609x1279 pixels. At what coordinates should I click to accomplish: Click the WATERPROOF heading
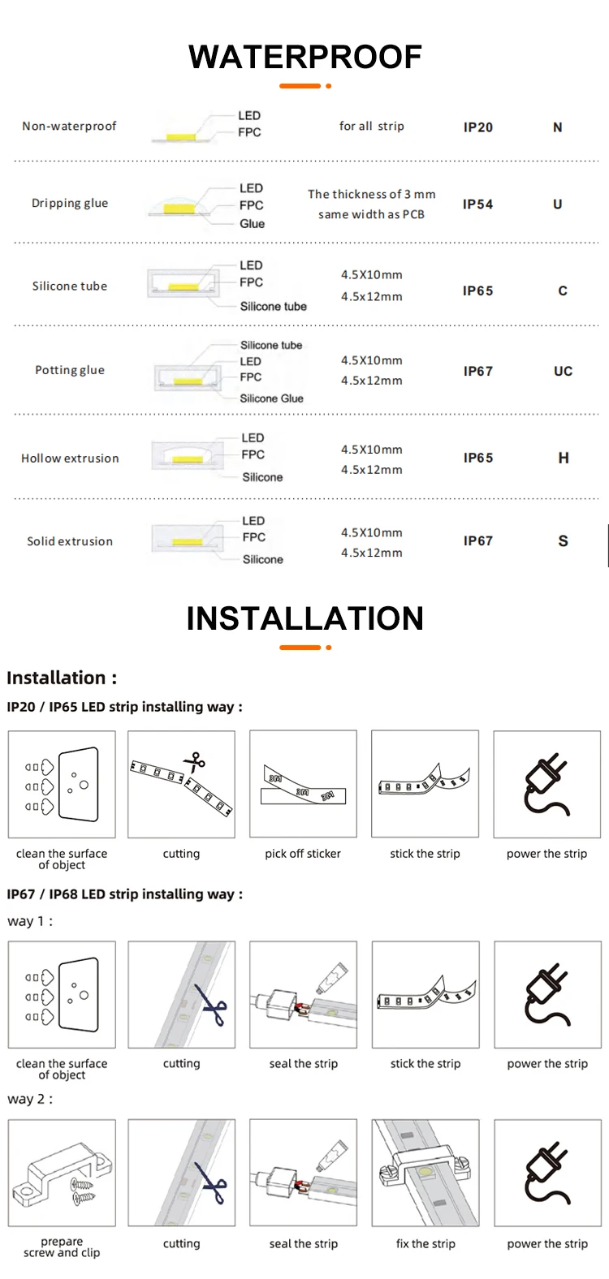click(x=304, y=57)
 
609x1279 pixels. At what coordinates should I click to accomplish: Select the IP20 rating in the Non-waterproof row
click(x=477, y=127)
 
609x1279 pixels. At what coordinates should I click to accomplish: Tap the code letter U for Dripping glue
click(x=557, y=205)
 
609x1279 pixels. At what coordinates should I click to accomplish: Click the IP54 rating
click(x=477, y=205)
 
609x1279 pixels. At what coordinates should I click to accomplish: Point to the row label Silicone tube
click(x=70, y=286)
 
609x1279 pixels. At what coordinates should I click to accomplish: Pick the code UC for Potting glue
click(x=563, y=372)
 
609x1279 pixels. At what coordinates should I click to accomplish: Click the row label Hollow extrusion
click(x=70, y=459)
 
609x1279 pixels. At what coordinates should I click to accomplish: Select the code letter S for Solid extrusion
click(x=563, y=541)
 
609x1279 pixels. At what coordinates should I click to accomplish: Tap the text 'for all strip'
click(x=371, y=127)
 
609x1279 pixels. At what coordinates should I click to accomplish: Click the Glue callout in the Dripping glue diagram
click(x=252, y=224)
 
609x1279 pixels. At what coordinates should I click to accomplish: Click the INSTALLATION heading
click(x=304, y=618)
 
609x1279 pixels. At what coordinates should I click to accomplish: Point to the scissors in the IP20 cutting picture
click(x=195, y=762)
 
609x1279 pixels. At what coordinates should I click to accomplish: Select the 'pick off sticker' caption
click(x=303, y=854)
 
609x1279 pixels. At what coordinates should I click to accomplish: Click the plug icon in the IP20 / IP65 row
click(x=546, y=784)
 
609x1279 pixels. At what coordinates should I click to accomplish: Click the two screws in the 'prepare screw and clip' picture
click(x=82, y=1190)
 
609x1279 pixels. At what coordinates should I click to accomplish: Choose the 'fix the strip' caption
click(x=425, y=1244)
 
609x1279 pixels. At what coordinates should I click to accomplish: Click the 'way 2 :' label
click(x=30, y=1100)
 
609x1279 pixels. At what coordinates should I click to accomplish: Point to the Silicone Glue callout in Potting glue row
click(x=271, y=398)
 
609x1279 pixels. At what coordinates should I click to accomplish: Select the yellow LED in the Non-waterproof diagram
click(x=180, y=136)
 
